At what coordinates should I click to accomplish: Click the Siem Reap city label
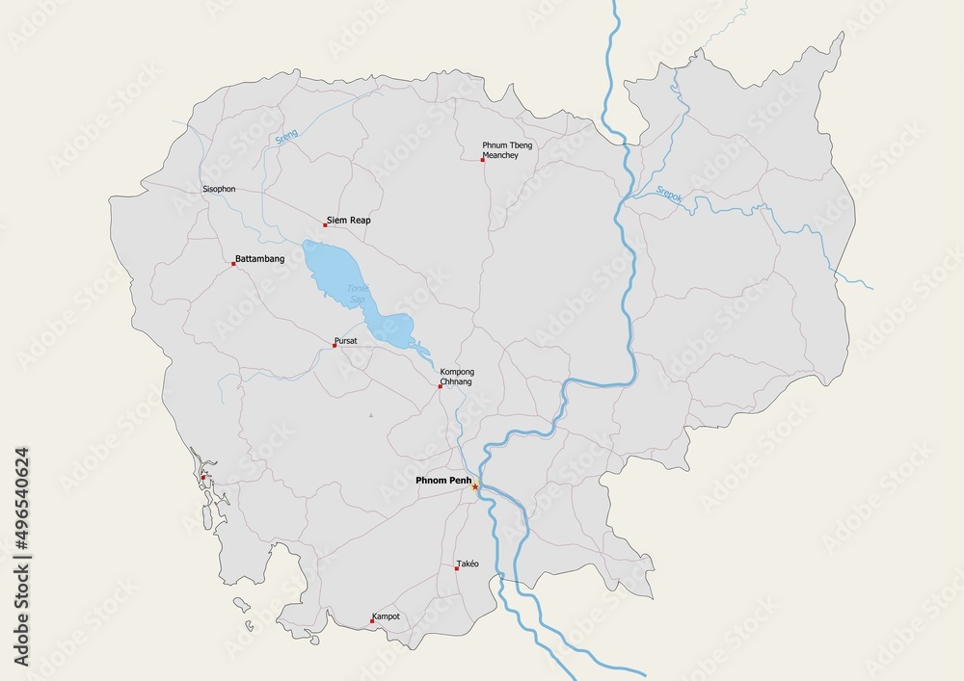(349, 221)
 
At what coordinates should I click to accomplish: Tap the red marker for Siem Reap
(326, 224)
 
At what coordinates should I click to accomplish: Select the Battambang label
(259, 259)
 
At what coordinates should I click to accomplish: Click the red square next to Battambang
(233, 263)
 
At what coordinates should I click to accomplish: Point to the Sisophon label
(219, 189)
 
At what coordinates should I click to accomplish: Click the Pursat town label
(345, 341)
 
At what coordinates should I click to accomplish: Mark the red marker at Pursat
(335, 345)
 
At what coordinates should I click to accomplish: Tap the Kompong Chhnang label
(457, 377)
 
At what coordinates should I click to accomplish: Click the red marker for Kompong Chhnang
(441, 386)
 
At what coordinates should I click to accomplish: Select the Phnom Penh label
(442, 480)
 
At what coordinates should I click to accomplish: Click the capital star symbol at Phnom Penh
(474, 486)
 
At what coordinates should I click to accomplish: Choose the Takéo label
(468, 563)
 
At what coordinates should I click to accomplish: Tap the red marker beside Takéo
(457, 568)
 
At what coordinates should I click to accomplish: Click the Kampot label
(386, 616)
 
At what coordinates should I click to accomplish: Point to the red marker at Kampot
(373, 620)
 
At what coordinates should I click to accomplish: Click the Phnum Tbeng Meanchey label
(507, 150)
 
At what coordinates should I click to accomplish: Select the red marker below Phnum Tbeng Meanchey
(483, 160)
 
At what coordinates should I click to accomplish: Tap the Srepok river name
(669, 193)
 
